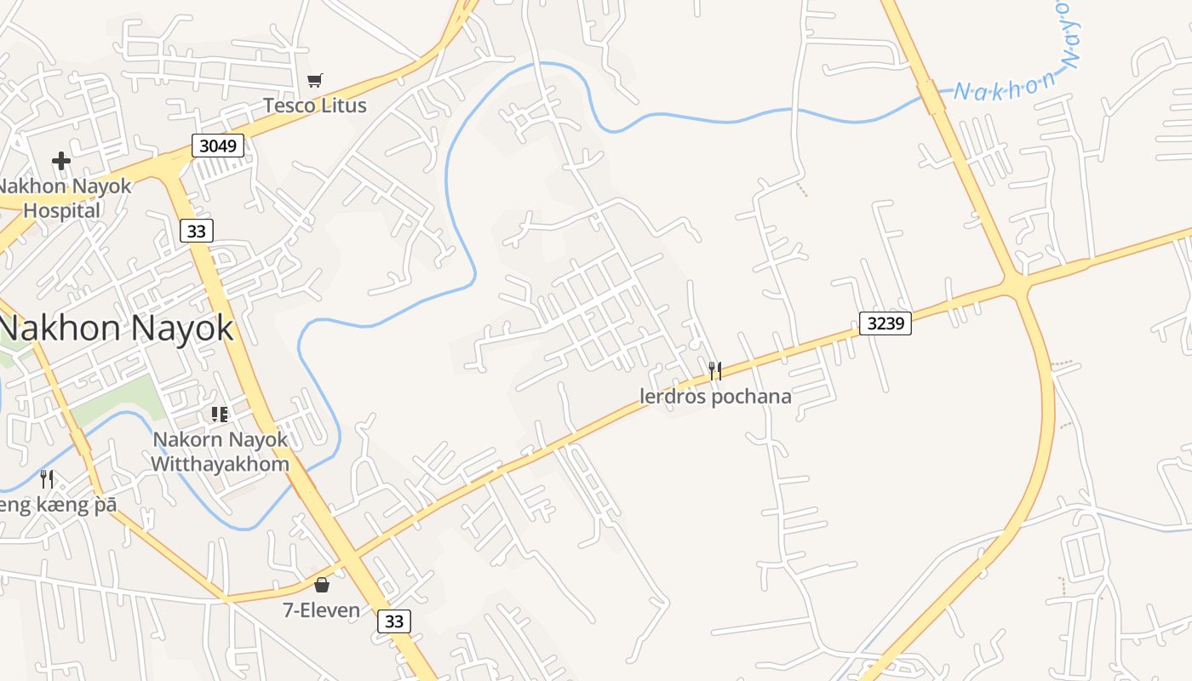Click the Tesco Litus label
[x=314, y=106]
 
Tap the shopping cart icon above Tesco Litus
[x=314, y=81]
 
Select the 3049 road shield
[x=217, y=146]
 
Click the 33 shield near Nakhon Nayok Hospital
[x=197, y=231]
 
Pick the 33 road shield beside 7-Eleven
[x=394, y=621]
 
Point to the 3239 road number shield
[x=885, y=323]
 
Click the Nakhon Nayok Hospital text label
[x=65, y=197]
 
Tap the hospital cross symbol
[x=60, y=160]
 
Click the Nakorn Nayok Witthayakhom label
[x=220, y=452]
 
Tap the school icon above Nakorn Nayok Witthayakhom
[x=220, y=415]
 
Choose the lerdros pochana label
[x=715, y=397]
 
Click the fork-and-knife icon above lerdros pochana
[x=715, y=370]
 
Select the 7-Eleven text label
[x=322, y=610]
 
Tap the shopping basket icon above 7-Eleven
[x=322, y=585]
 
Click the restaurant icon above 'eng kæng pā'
[x=47, y=479]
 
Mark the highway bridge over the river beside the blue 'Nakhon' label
[x=931, y=97]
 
